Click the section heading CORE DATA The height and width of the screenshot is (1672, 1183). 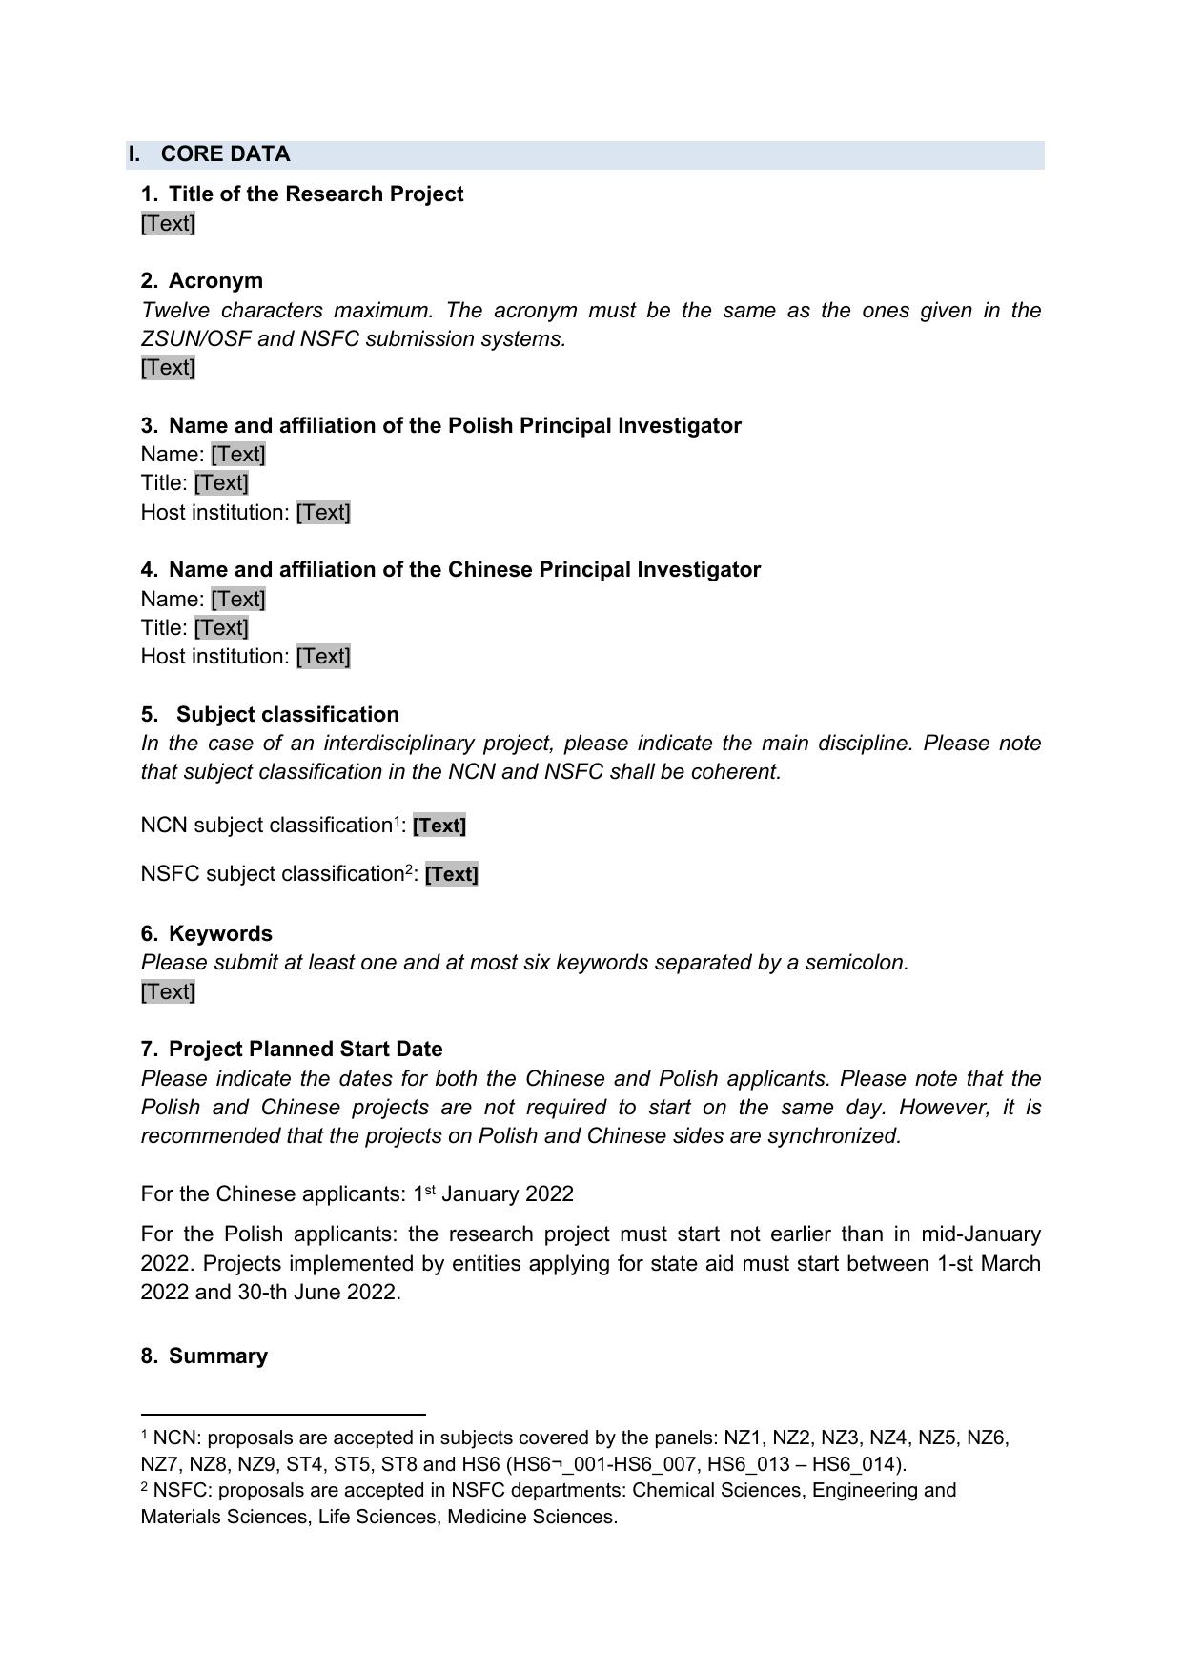(225, 154)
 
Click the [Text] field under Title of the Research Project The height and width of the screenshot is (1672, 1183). (168, 224)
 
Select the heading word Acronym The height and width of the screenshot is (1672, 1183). (215, 281)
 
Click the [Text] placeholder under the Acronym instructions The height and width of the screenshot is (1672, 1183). (168, 368)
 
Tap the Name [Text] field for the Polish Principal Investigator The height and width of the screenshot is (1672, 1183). (238, 455)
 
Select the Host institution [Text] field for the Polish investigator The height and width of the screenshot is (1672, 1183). (323, 513)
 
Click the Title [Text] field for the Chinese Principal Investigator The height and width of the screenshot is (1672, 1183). (221, 628)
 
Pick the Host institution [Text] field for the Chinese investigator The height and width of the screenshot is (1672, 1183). (323, 657)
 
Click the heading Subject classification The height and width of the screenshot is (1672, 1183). (287, 715)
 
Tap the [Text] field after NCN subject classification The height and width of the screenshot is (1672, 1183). (439, 826)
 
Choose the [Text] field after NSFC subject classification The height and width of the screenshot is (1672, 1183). (452, 875)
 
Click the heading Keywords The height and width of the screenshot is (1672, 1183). (220, 934)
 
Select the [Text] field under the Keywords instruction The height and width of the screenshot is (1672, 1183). (168, 992)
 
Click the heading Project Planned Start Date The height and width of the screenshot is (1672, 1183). (305, 1050)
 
